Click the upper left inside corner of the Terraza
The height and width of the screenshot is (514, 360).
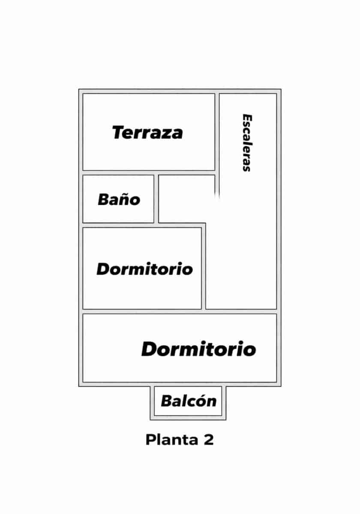(83, 94)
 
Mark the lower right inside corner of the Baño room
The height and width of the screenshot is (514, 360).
(153, 222)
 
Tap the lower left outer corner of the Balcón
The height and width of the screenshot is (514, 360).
(150, 420)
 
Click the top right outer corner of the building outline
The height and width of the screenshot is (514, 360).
(281, 89)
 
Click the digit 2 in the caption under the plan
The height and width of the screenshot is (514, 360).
(209, 439)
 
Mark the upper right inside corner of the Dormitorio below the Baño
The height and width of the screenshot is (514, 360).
(201, 228)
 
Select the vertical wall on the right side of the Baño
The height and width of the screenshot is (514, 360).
(156, 199)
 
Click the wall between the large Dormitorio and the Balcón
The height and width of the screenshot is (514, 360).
(188, 384)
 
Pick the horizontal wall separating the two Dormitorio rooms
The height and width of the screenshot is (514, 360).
(180, 312)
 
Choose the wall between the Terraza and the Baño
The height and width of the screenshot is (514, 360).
(149, 173)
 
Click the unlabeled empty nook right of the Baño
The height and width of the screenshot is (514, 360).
(187, 199)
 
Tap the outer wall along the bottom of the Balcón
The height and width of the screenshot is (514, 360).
(188, 418)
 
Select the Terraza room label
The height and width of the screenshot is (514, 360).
(147, 132)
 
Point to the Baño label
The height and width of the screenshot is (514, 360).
(119, 199)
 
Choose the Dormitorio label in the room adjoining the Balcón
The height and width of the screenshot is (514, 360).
(198, 349)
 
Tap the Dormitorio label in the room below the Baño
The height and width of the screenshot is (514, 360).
(145, 269)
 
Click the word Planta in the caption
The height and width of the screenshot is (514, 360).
(172, 439)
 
